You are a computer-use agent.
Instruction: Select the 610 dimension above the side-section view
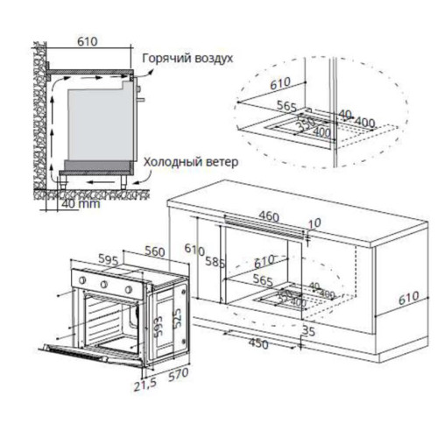(x=86, y=40)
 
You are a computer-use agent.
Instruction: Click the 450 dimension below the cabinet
(x=257, y=344)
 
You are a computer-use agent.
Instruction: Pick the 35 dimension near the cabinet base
(x=307, y=330)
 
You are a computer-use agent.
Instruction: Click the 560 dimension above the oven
(x=154, y=251)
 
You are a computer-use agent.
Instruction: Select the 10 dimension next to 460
(x=315, y=223)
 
